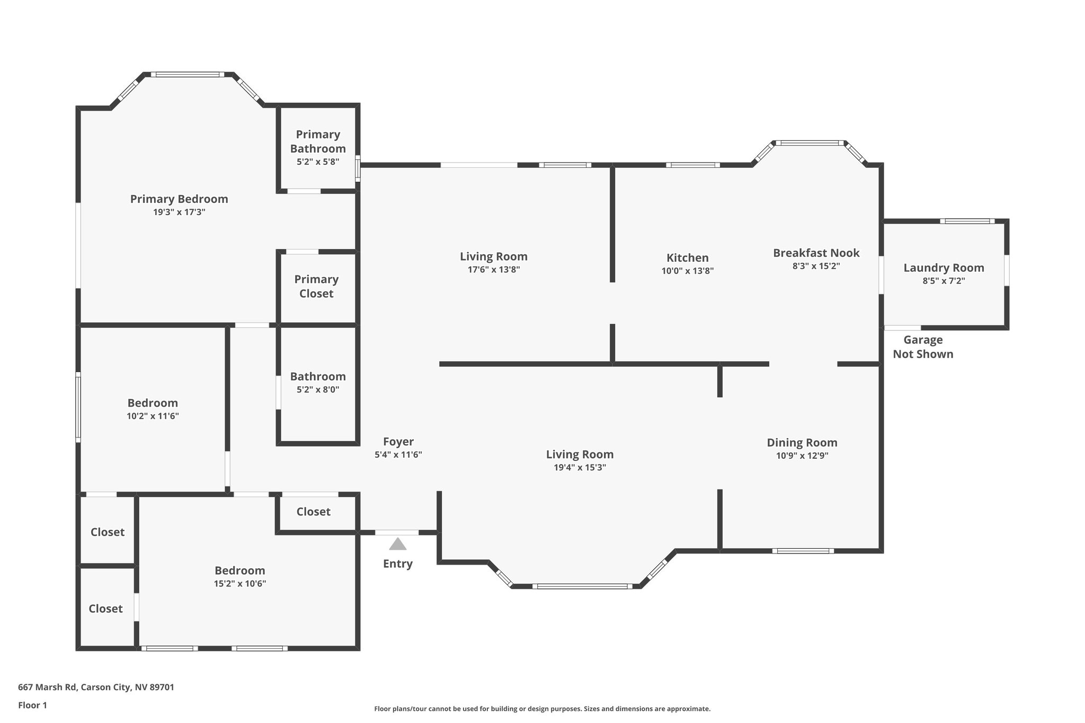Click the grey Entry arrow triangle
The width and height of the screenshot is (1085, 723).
click(x=398, y=544)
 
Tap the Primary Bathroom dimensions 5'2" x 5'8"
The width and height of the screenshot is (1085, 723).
click(x=318, y=162)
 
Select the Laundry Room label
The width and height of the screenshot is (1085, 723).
click(x=944, y=268)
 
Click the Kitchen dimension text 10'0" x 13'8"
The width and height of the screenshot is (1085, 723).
click(x=687, y=271)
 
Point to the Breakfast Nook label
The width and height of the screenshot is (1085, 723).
click(x=816, y=253)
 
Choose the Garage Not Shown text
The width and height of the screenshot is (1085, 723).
click(x=923, y=347)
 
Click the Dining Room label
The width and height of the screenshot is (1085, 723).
click(x=802, y=443)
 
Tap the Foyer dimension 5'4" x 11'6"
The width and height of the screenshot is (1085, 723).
click(x=398, y=454)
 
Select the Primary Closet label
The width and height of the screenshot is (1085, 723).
click(x=316, y=286)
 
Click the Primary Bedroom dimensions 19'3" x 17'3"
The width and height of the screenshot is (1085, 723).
click(x=179, y=212)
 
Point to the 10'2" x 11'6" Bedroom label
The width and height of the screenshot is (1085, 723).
click(x=153, y=403)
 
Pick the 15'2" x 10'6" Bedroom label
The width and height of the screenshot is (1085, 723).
click(x=239, y=571)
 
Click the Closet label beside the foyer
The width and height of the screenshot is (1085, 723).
click(x=313, y=512)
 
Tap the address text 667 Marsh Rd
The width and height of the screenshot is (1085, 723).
click(x=96, y=688)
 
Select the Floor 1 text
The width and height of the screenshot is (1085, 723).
click(x=32, y=706)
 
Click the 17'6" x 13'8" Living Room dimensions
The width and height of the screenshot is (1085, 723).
click(x=493, y=270)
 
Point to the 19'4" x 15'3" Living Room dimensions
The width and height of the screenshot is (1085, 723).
click(x=580, y=468)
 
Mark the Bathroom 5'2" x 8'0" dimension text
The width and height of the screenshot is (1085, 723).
click(x=318, y=390)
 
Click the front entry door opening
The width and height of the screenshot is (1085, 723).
click(x=397, y=532)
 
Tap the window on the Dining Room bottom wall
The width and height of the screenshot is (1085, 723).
click(x=803, y=551)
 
